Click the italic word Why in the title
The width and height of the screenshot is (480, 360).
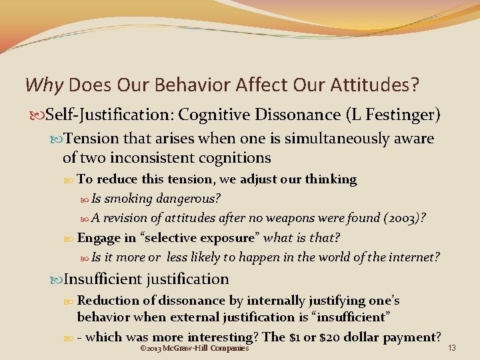44,85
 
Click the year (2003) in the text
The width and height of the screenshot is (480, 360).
399,218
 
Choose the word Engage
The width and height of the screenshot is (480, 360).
97,238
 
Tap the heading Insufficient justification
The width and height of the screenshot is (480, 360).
146,279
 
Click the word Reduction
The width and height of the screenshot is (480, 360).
107,301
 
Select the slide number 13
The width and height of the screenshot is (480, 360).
452,348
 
